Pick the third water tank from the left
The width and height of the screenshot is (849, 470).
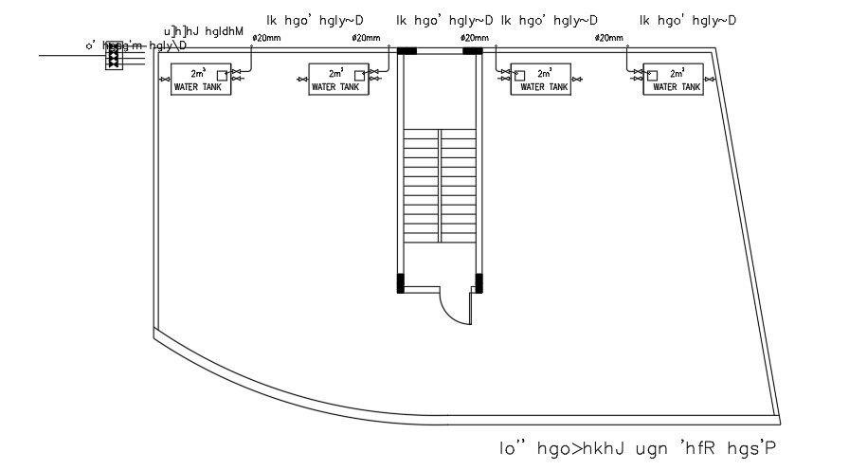[x=538, y=79]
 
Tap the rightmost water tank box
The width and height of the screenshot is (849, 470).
[x=672, y=79]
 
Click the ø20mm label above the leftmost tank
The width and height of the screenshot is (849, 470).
[x=265, y=38]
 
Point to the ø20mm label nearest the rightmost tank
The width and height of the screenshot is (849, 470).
[x=609, y=38]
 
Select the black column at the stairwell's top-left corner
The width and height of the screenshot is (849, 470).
[x=407, y=50]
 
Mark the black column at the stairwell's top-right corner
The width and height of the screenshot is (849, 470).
[x=473, y=50]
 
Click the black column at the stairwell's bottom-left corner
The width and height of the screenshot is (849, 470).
[x=401, y=281]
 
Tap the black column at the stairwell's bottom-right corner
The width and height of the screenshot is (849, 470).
[x=479, y=281]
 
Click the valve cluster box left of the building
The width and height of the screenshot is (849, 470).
[x=114, y=55]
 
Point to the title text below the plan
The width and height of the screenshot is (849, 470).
[x=643, y=446]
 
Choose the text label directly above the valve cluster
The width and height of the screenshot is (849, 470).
[x=204, y=32]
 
